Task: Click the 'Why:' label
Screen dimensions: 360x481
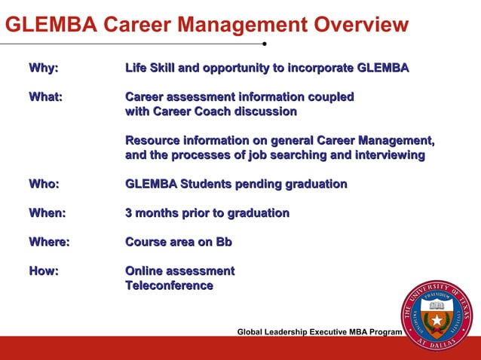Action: tap(43, 69)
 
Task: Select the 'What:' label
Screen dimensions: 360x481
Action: tap(45, 97)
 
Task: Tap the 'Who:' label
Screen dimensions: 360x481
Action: tap(44, 185)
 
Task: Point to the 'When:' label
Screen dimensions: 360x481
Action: tap(47, 213)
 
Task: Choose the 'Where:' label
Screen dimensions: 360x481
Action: tap(49, 243)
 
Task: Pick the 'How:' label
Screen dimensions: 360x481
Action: tap(43, 271)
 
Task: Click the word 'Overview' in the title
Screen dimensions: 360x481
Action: tap(348, 26)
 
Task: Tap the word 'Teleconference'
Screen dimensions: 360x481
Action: tap(169, 285)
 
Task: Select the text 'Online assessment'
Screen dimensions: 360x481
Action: tap(179, 271)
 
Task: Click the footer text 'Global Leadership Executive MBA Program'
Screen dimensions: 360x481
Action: tap(320, 332)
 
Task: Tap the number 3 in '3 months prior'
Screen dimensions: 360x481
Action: tap(129, 213)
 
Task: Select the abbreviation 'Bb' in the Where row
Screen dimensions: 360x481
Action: tap(223, 243)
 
